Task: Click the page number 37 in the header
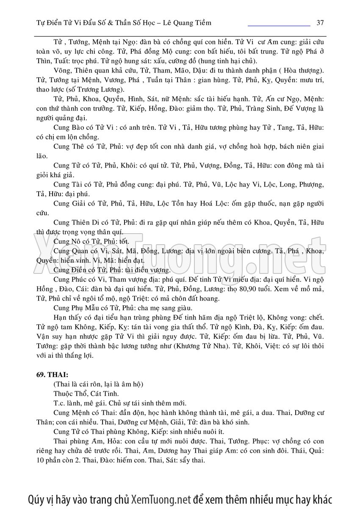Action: tap(320, 22)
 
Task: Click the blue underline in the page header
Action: tap(279, 26)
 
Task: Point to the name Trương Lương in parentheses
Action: tap(105, 89)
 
